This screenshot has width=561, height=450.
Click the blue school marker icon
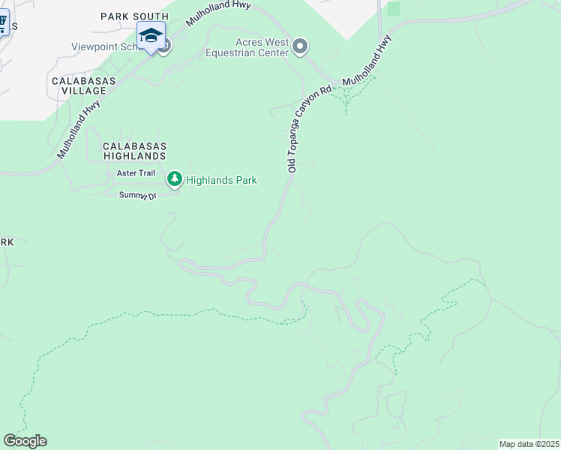151,35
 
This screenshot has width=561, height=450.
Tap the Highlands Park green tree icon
175,179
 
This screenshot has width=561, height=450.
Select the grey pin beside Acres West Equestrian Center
300,47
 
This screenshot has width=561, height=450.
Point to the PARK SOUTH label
135,16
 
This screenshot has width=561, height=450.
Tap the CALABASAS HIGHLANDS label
133,151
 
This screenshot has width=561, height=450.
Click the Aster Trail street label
136,173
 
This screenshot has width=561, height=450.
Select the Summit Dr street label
137,196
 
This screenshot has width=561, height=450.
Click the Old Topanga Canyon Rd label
309,130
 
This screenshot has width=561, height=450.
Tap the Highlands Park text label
221,180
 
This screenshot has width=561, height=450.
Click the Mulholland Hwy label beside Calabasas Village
79,130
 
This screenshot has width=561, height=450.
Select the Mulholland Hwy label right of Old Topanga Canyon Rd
368,61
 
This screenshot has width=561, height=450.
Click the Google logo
25,441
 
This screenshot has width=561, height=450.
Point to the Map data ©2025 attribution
529,444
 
